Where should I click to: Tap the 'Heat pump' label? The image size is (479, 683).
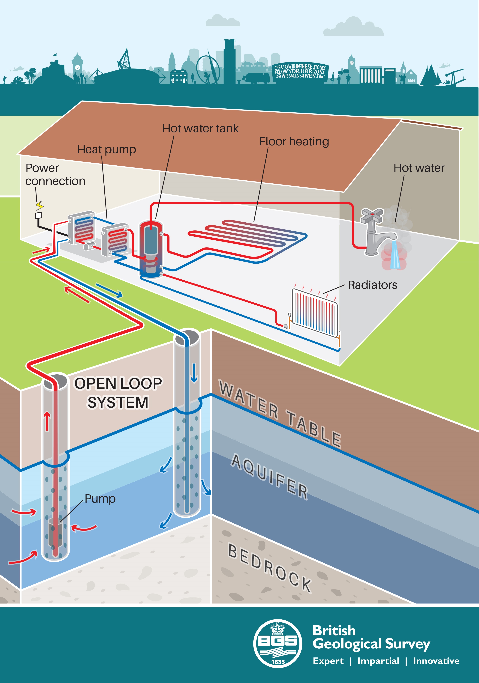pyautogui.click(x=107, y=149)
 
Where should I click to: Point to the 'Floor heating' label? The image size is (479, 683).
pyautogui.click(x=294, y=142)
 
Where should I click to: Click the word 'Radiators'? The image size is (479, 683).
pyautogui.click(x=372, y=285)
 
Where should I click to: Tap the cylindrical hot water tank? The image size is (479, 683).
pyautogui.click(x=151, y=249)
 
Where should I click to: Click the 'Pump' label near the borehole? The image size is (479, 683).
pyautogui.click(x=100, y=499)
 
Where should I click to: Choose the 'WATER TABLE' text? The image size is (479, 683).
pyautogui.click(x=280, y=414)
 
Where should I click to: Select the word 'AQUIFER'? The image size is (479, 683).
pyautogui.click(x=269, y=476)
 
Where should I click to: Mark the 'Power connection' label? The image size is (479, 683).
pyautogui.click(x=55, y=175)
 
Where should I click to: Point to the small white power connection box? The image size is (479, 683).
pyautogui.click(x=38, y=215)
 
